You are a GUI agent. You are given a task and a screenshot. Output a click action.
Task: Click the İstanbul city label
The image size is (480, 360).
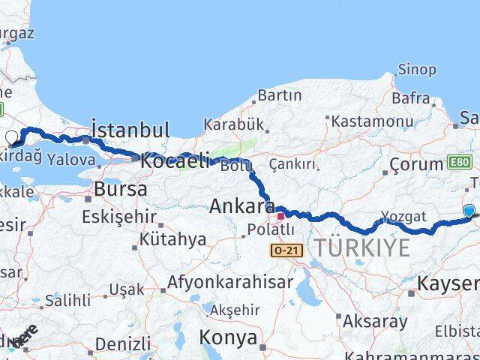pos(130,128)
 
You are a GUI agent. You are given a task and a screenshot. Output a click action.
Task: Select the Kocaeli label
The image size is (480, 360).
pos(175,160)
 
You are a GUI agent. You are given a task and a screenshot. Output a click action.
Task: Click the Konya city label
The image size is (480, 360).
pos(229,337)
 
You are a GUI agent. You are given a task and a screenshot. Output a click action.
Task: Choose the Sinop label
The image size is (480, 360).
pos(417,70)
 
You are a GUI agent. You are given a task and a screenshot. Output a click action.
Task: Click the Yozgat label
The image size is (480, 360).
pos(404,217)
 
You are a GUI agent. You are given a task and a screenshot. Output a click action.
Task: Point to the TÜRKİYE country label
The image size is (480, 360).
pos(362,247)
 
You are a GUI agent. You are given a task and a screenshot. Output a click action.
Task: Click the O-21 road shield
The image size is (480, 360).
pos(287,250)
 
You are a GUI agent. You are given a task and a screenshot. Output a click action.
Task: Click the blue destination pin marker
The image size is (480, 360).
pos(469,211)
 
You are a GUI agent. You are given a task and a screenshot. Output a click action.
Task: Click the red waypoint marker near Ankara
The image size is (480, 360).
pos(280,216)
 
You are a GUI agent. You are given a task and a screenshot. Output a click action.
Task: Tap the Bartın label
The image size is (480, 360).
pos(279,95)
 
